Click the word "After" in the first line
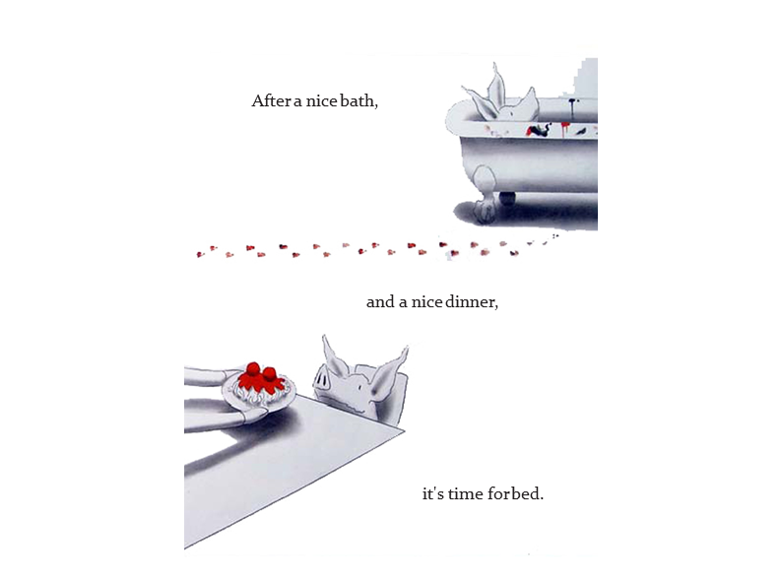tap(271, 100)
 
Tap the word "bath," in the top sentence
tap(359, 100)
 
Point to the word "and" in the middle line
tap(380, 302)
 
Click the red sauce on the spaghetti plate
tap(261, 378)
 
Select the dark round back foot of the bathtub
tap(507, 198)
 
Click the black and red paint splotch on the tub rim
tap(539, 131)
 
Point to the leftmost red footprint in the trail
tap(200, 255)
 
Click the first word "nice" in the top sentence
tap(321, 100)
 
